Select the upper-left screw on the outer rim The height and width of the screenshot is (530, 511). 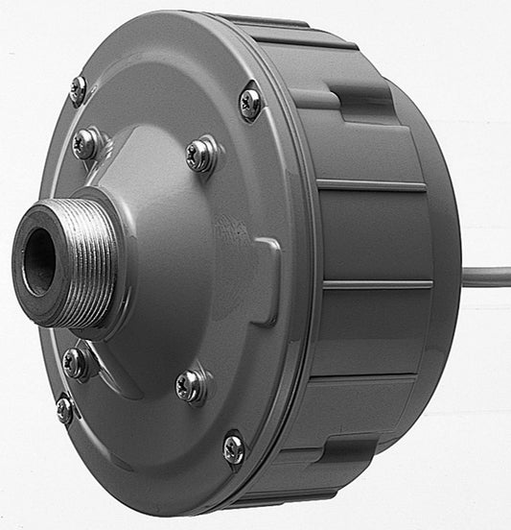[x=79, y=90]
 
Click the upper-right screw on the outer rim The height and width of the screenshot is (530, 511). [x=250, y=102]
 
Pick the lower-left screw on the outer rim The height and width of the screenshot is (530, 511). [x=64, y=410]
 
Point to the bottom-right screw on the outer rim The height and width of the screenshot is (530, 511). [x=233, y=447]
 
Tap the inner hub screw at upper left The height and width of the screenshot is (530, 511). [x=86, y=144]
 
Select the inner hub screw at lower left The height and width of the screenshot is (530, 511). [x=75, y=363]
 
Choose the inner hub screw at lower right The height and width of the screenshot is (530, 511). [x=191, y=386]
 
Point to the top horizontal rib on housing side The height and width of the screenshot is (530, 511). [x=369, y=184]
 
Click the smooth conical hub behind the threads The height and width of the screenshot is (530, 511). [x=173, y=269]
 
